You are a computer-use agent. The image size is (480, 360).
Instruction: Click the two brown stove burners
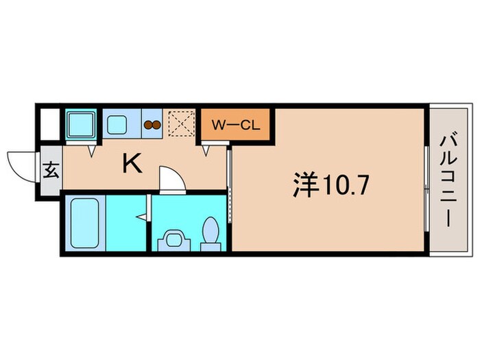[x=152, y=125]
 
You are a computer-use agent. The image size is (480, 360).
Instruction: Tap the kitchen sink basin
[x=117, y=125]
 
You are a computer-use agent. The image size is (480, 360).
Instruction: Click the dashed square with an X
[x=182, y=125]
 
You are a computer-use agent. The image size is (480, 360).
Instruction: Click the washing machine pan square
[x=82, y=125]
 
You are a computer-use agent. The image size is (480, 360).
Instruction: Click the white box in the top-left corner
[x=48, y=125]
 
